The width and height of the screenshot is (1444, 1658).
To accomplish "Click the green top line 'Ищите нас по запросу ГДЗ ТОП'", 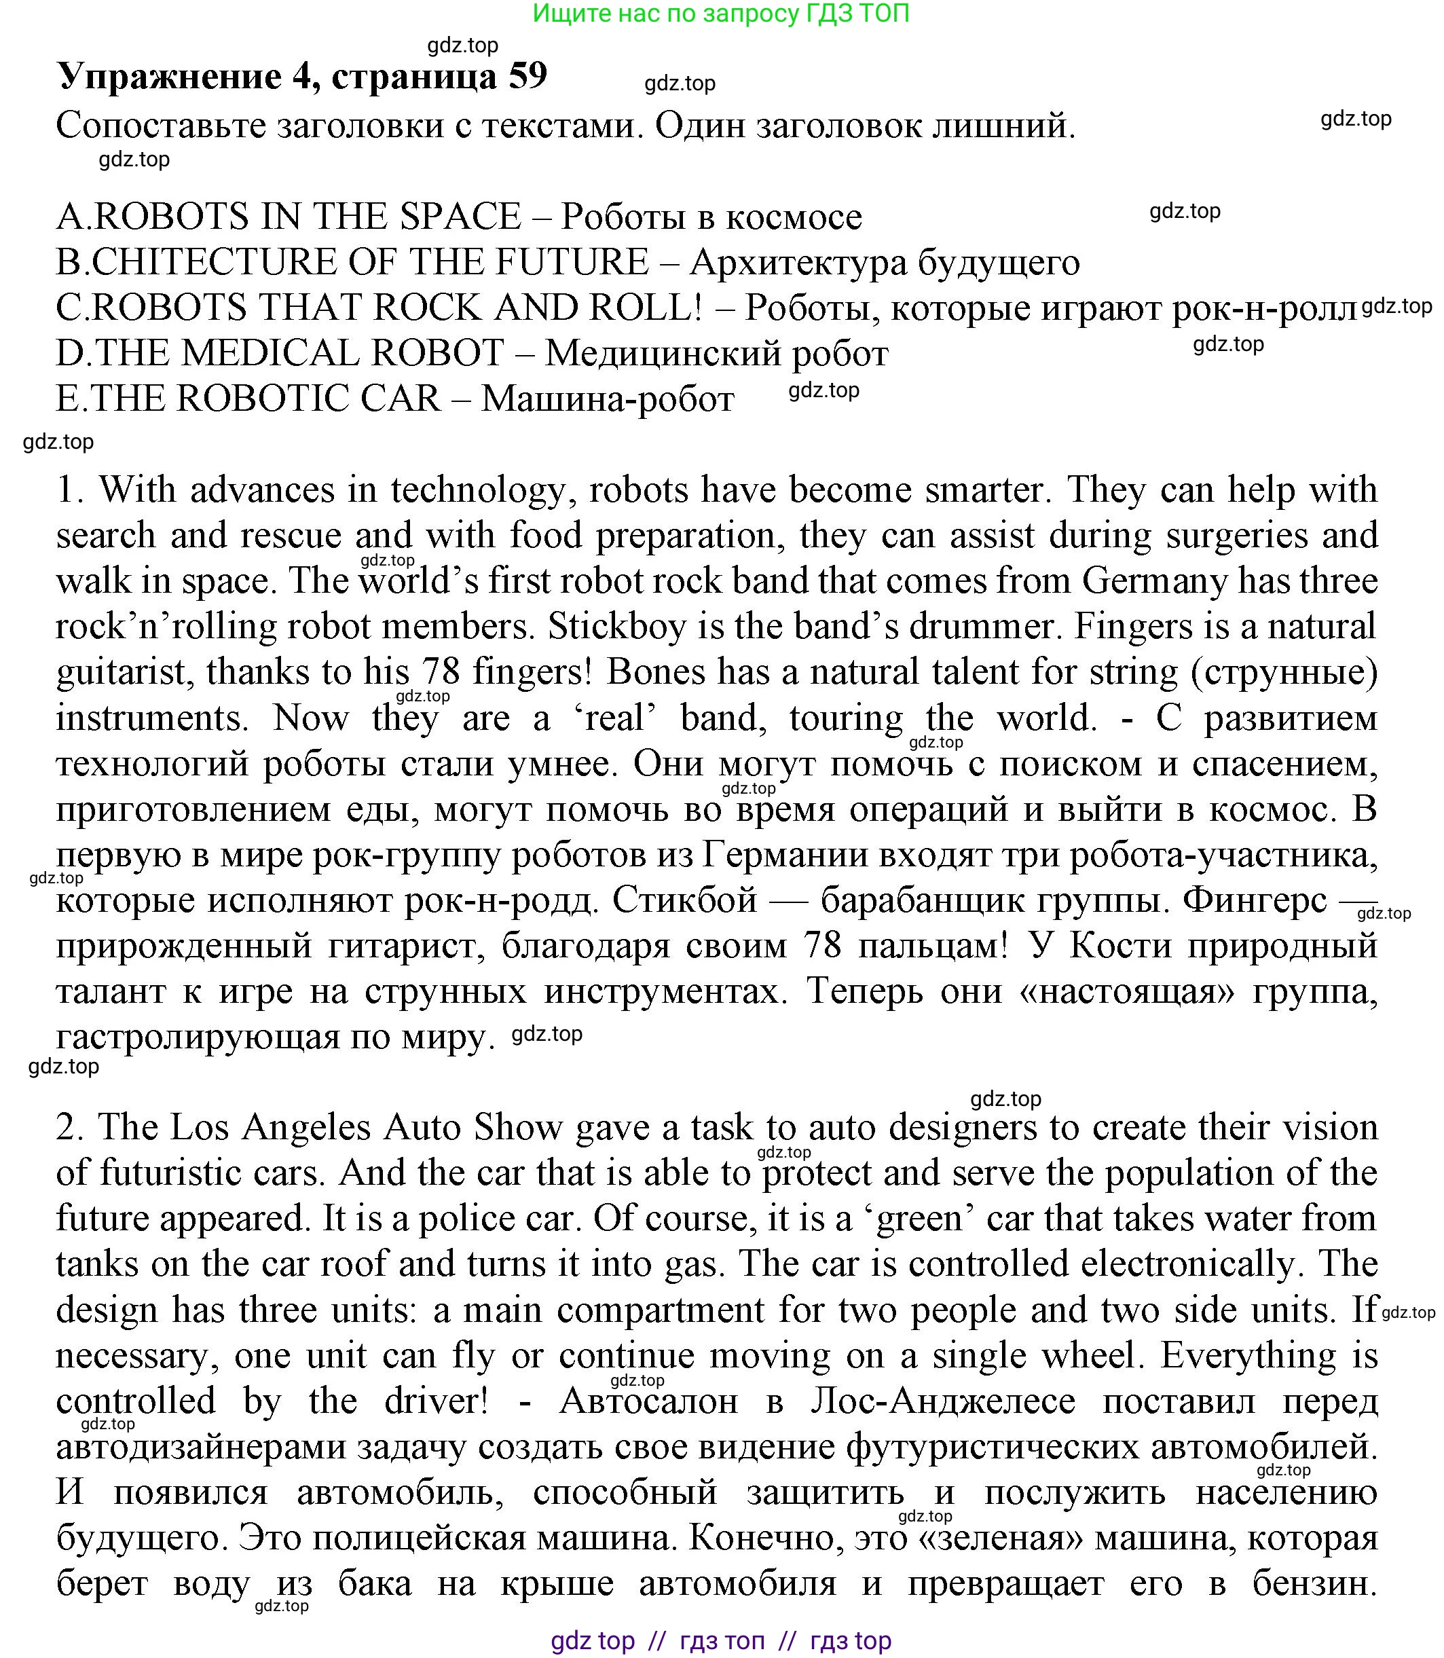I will tap(721, 14).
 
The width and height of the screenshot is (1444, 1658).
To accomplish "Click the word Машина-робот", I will tap(608, 399).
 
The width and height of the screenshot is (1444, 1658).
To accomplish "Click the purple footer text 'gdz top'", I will tap(593, 1640).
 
